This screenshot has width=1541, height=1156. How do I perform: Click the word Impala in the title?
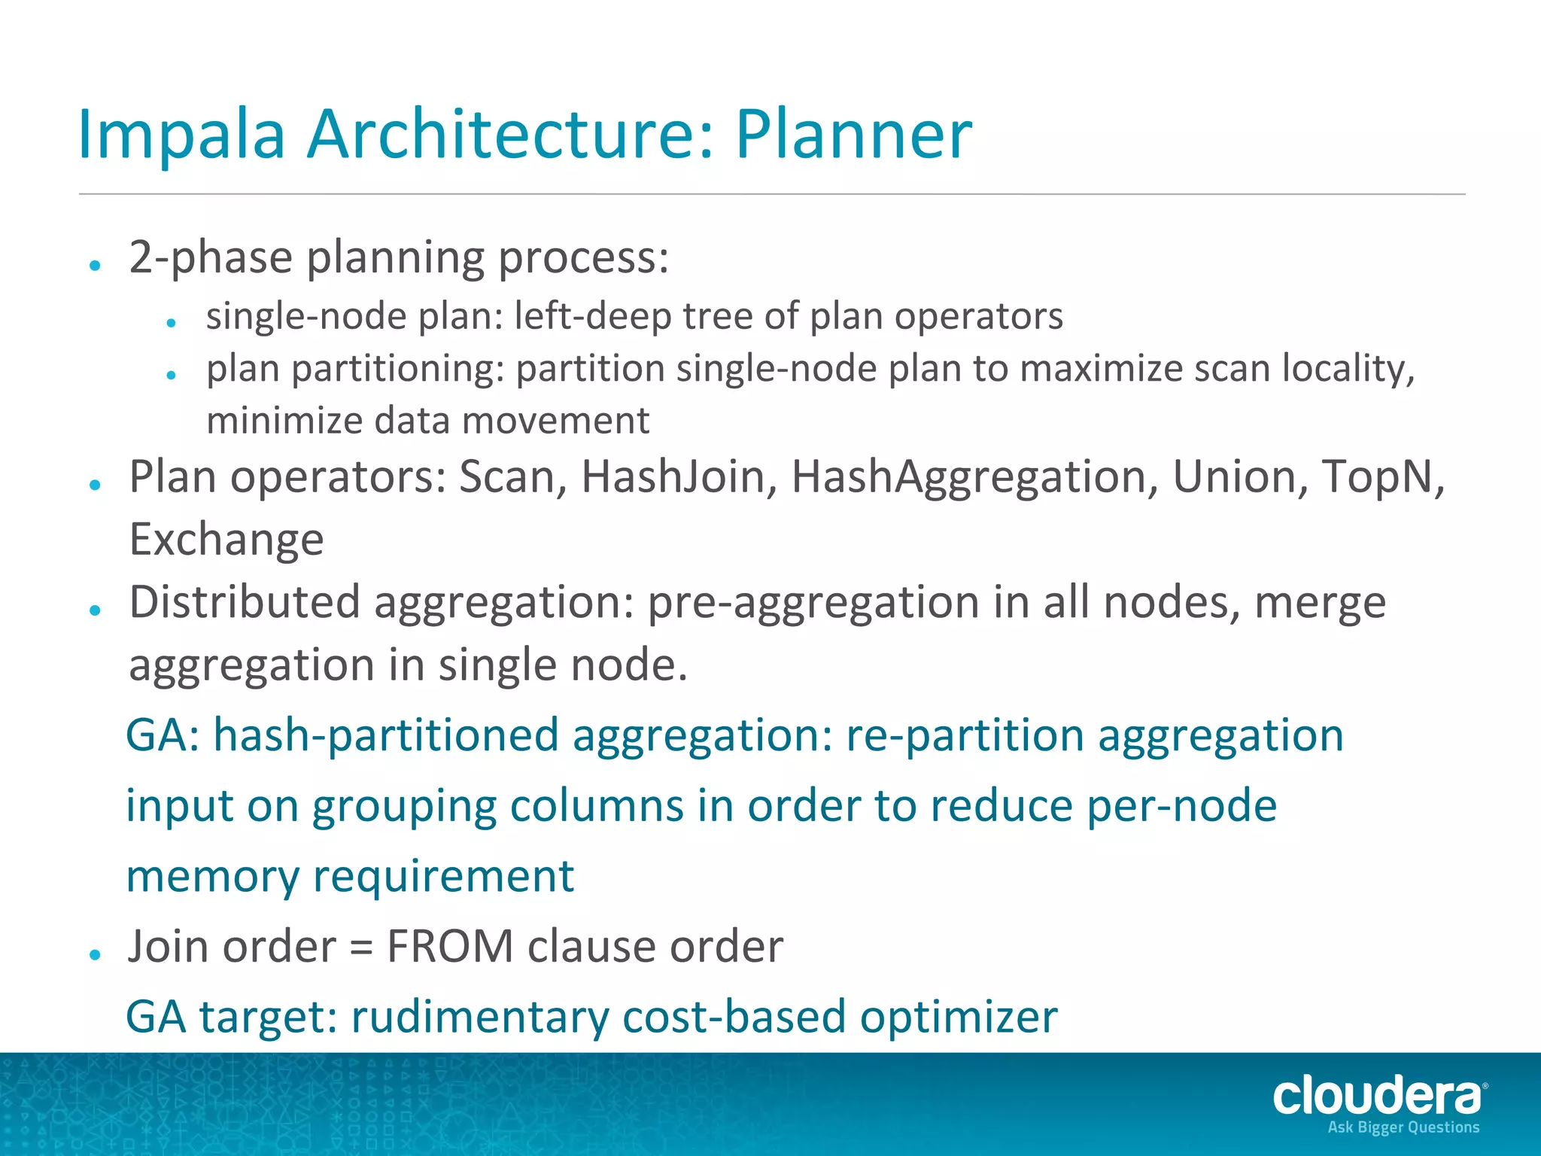(181, 135)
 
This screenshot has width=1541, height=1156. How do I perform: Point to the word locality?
(1348, 369)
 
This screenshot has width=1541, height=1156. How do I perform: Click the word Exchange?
(226, 540)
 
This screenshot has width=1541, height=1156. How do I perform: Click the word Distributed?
(245, 603)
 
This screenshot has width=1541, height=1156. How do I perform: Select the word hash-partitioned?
(385, 736)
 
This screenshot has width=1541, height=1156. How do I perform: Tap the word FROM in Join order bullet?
(449, 947)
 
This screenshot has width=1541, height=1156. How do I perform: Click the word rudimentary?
(479, 1018)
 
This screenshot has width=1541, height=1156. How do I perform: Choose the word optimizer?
(959, 1018)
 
